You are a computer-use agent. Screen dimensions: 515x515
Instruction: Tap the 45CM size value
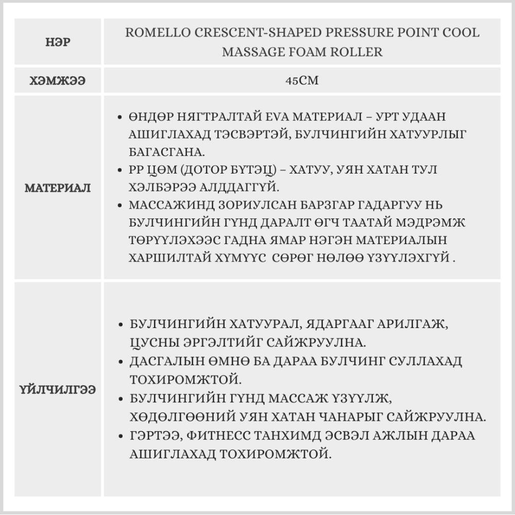pyautogui.click(x=302, y=80)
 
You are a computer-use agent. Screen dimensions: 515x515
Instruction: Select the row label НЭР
pyautogui.click(x=58, y=42)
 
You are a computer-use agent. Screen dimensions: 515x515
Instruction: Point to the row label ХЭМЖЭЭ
pyautogui.click(x=58, y=81)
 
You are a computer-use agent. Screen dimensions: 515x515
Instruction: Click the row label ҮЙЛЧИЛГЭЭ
pyautogui.click(x=58, y=389)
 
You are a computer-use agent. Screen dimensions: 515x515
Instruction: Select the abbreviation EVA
pyautogui.click(x=279, y=116)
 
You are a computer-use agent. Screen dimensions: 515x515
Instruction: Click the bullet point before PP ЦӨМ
pyautogui.click(x=120, y=170)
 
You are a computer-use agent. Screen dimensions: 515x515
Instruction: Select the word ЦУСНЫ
pyautogui.click(x=152, y=342)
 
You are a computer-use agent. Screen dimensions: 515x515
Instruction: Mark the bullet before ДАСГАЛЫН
pyautogui.click(x=120, y=362)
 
